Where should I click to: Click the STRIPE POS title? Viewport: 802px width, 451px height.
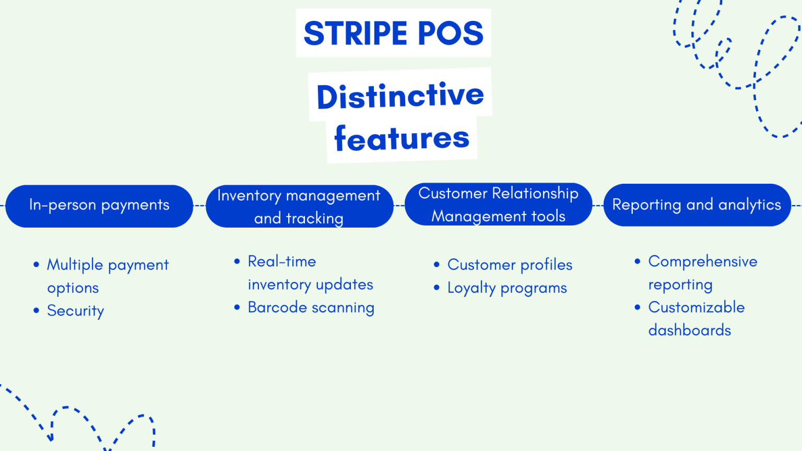[393, 33]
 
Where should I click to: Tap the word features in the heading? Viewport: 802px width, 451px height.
[402, 138]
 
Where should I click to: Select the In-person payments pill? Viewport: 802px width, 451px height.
[99, 206]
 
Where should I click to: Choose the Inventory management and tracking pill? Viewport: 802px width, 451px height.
[299, 206]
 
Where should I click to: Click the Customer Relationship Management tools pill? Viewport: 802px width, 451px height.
[498, 204]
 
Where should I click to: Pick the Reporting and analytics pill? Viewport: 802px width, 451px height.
[697, 205]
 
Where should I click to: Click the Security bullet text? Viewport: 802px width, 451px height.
[76, 311]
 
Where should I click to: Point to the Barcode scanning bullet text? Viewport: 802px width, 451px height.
[311, 307]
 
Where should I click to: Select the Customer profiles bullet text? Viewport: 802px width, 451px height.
[510, 265]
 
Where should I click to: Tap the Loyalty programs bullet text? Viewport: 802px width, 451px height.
[507, 288]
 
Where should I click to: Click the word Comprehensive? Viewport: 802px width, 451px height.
[702, 262]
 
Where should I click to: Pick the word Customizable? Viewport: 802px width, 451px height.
[696, 307]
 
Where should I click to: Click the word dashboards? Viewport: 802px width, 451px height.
[689, 330]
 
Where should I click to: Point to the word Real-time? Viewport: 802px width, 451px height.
[282, 262]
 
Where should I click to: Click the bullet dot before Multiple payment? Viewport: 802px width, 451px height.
[36, 265]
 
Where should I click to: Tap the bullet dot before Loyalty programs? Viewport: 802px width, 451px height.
[437, 288]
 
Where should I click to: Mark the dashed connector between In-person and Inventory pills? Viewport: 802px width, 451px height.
[199, 206]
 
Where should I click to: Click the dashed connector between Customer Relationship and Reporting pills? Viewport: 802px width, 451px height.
[598, 206]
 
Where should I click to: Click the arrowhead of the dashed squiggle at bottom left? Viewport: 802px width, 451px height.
[51, 437]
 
